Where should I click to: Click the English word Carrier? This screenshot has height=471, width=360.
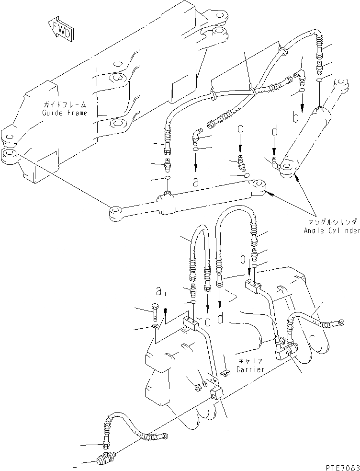248,369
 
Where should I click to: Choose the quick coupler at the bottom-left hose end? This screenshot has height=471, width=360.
104,459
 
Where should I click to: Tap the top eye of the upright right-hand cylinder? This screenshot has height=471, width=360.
338,84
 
